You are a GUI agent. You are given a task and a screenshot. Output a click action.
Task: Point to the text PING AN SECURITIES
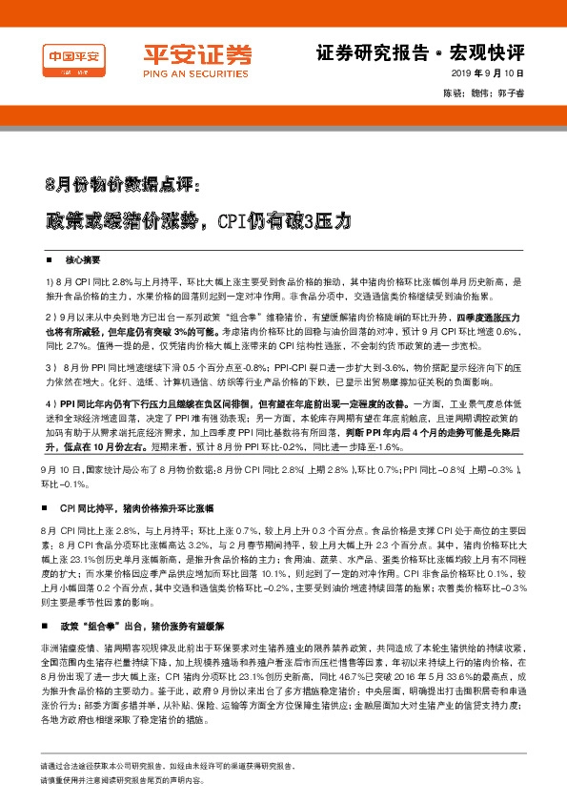[186, 73]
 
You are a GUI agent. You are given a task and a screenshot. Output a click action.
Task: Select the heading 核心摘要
[84, 259]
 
